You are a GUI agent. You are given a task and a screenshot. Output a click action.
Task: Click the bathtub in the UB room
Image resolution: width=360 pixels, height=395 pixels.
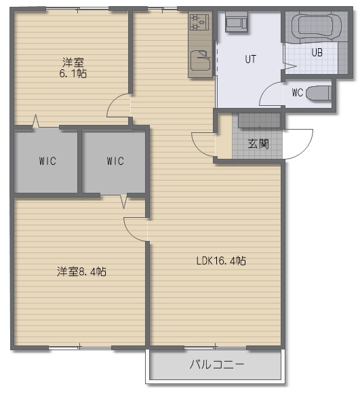coord(316,26)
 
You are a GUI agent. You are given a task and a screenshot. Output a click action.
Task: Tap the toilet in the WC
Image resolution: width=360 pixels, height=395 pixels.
coord(319,93)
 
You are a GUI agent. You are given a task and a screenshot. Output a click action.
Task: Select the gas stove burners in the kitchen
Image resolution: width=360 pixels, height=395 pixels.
coord(199,22)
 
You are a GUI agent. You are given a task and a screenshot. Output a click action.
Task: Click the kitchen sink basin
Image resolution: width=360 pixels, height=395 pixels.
coord(200,60)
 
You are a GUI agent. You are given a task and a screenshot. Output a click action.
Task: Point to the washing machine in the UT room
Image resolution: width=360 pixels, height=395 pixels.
coord(236,22)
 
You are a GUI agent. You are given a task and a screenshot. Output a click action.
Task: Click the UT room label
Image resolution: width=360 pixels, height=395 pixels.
coord(250,59)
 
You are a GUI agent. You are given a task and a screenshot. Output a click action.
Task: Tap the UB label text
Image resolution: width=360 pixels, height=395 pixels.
coord(317,52)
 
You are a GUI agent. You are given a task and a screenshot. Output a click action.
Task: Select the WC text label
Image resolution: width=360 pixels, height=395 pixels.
coord(298,92)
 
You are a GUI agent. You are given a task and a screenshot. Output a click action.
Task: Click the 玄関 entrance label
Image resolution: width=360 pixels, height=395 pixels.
coord(258,144)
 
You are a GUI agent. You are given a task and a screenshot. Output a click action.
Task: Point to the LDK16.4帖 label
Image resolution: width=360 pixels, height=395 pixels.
coord(221,261)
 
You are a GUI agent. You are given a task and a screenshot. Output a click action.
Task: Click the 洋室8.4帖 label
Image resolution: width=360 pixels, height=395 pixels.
coord(81,271)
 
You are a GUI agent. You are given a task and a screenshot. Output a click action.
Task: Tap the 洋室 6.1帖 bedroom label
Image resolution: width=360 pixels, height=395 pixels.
coord(73,67)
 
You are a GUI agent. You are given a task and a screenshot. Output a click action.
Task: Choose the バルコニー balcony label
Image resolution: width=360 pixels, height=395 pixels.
coord(217,364)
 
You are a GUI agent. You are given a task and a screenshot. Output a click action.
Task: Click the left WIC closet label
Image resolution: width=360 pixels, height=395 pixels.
coord(47,161)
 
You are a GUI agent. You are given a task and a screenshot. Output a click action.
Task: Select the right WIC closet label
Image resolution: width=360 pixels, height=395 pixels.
coord(115,161)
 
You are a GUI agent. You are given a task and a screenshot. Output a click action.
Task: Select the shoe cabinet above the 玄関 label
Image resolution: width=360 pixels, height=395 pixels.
coord(259,120)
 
